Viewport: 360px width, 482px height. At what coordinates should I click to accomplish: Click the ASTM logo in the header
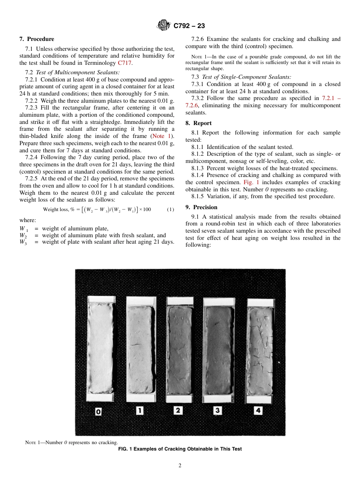pos(164,25)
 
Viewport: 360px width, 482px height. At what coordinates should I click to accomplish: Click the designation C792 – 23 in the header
pos(189,26)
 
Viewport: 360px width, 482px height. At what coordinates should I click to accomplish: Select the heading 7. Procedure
pos(37,39)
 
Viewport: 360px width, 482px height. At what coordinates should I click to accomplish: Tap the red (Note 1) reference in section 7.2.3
pos(162,136)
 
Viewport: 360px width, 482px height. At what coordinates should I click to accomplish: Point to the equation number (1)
pos(171,210)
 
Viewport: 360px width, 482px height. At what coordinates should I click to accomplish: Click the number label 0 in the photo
pos(98,411)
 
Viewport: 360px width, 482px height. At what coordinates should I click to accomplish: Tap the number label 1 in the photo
pos(139,410)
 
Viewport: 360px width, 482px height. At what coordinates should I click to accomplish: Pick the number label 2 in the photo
pos(178,410)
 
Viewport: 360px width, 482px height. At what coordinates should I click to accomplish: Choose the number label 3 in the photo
pos(218,410)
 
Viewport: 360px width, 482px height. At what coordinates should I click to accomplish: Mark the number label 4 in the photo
pos(258,410)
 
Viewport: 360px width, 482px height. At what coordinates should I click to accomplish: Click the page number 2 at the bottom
pos(180,466)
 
